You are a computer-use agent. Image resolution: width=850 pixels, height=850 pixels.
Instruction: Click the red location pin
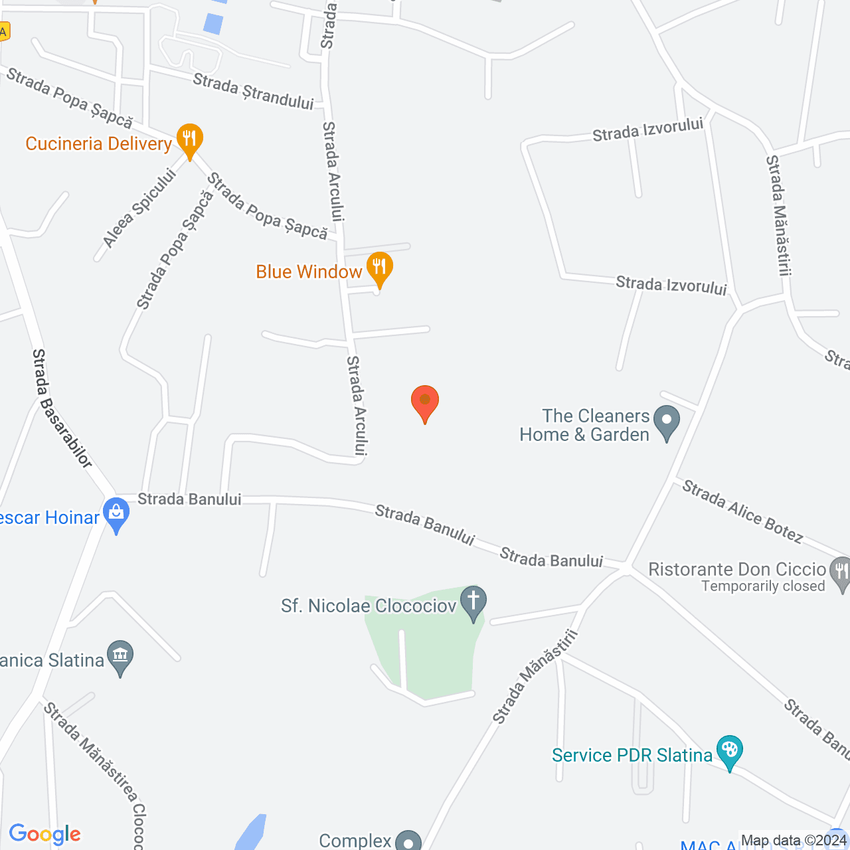(425, 401)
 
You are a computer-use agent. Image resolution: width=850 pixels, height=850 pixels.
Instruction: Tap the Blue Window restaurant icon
(379, 268)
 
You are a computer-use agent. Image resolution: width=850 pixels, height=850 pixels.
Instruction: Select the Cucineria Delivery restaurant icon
(189, 140)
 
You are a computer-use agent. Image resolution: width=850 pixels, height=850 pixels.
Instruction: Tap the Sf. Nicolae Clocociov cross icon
(473, 602)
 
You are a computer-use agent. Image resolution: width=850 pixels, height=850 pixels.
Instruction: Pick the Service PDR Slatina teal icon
(729, 752)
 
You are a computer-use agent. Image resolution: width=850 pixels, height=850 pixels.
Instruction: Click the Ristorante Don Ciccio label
(736, 570)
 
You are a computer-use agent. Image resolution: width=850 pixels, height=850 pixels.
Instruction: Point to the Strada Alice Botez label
(742, 511)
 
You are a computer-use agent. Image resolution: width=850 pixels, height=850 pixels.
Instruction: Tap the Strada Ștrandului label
(253, 92)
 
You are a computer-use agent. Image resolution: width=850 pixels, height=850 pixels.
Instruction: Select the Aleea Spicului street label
(140, 208)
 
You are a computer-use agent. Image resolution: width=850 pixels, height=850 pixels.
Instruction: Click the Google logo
(45, 834)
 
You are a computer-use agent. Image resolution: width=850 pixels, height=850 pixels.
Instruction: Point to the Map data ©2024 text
(793, 841)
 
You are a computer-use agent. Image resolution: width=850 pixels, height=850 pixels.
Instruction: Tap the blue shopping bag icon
(117, 513)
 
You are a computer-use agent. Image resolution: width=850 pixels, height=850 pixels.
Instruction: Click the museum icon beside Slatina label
(120, 656)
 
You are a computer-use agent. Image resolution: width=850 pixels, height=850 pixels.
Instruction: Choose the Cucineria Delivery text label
(98, 143)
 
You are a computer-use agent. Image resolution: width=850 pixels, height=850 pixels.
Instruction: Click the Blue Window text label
(309, 272)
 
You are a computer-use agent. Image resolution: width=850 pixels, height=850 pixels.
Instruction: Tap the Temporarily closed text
(763, 586)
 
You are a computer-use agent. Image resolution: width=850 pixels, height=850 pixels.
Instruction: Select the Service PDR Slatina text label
(632, 755)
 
